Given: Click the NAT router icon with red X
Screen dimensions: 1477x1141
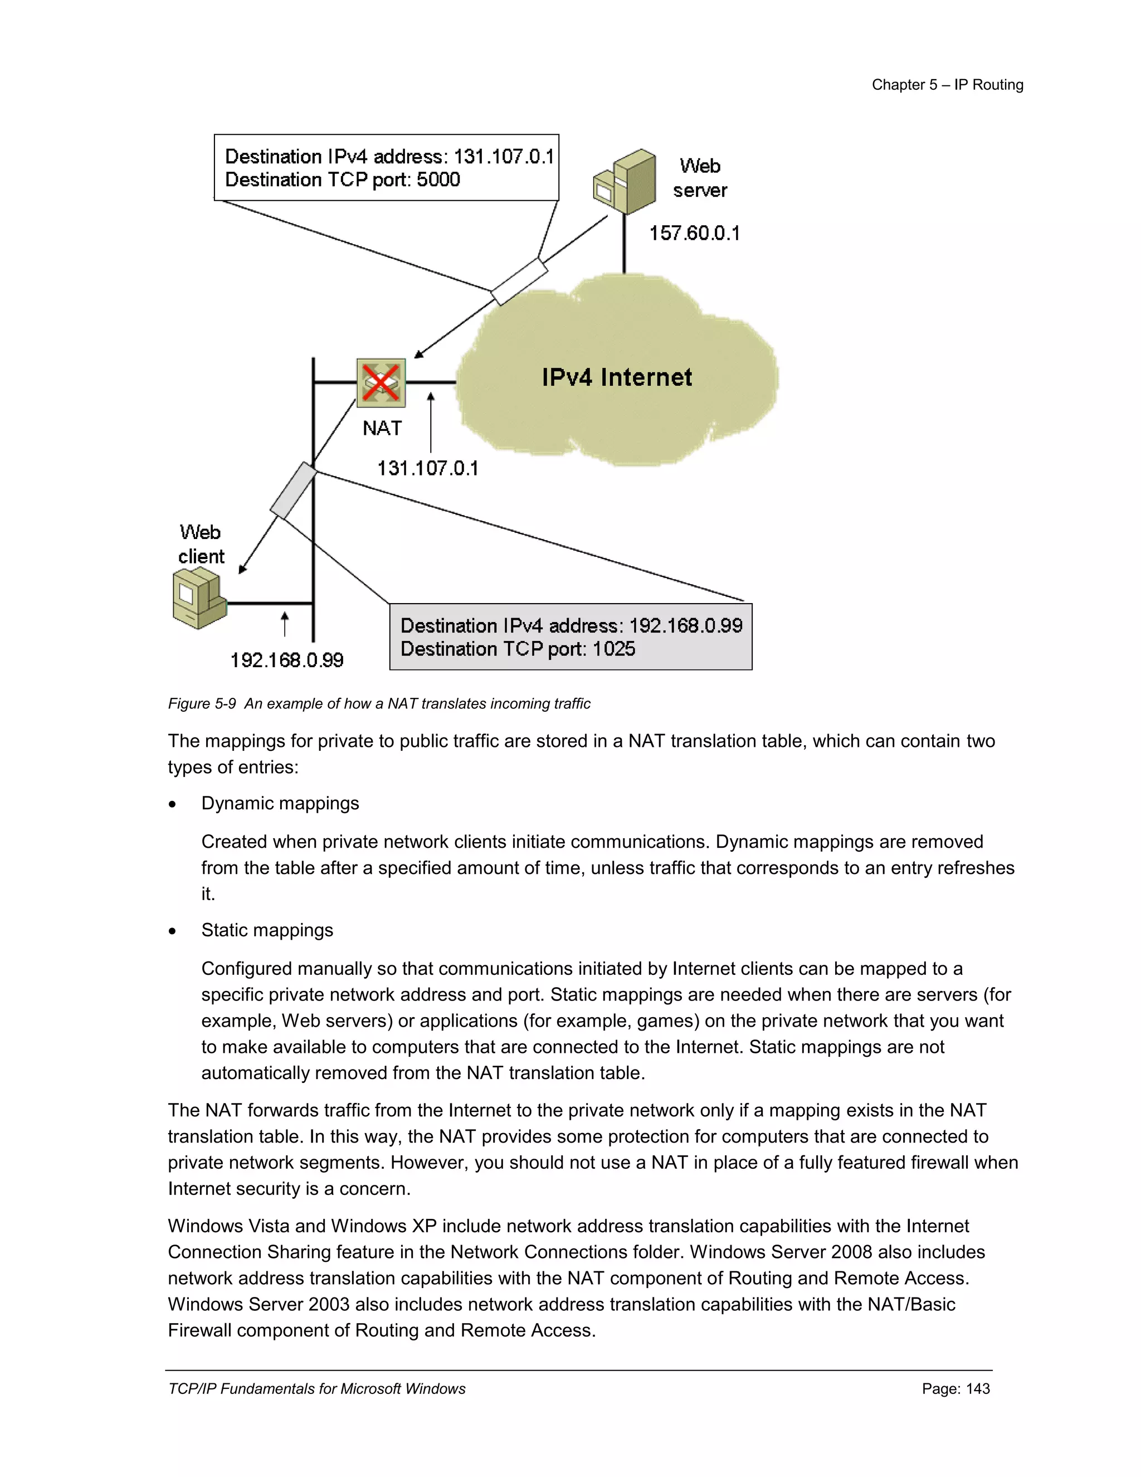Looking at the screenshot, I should click(381, 383).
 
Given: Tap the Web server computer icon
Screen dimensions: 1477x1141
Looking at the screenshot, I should click(625, 183).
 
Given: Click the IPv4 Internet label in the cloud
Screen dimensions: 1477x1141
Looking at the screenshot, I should click(617, 377).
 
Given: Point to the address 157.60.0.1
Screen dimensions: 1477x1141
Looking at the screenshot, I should click(694, 234).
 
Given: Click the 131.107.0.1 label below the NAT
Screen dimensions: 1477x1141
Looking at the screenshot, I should click(427, 468).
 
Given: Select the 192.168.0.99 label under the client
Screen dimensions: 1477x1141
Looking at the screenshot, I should click(286, 660).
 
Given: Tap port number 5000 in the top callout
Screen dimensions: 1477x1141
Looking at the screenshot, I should click(438, 180).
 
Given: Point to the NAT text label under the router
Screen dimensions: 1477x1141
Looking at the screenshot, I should click(382, 428).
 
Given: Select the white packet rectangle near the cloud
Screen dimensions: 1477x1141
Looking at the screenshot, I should click(519, 282).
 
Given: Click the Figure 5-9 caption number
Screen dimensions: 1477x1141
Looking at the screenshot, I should click(202, 704).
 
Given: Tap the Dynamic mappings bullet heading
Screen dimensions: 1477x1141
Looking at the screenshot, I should click(280, 803).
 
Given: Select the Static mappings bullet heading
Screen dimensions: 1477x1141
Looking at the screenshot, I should click(267, 931).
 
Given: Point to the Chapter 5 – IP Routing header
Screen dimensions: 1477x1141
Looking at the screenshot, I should click(947, 85).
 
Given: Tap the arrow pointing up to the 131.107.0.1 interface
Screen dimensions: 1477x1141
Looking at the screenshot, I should click(431, 422).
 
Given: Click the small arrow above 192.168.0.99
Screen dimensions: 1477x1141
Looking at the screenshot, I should click(285, 624).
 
